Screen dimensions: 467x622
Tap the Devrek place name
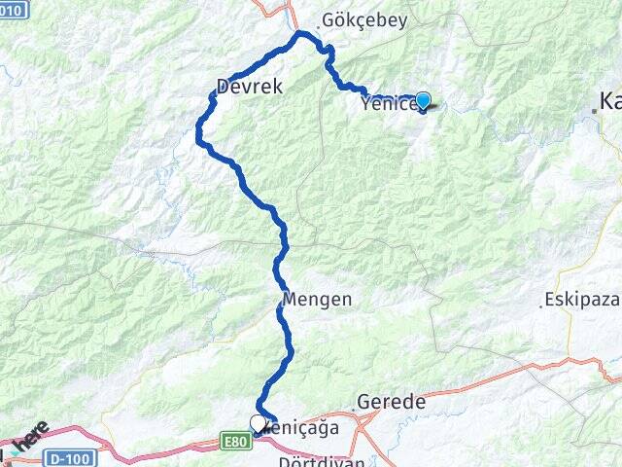[250, 87]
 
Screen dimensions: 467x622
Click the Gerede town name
[392, 402]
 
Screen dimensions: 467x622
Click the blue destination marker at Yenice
[423, 100]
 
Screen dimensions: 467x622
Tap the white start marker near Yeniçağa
[258, 423]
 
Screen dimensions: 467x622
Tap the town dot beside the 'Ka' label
[595, 112]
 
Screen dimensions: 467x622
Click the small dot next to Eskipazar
[541, 305]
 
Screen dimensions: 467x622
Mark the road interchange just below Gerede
[365, 420]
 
